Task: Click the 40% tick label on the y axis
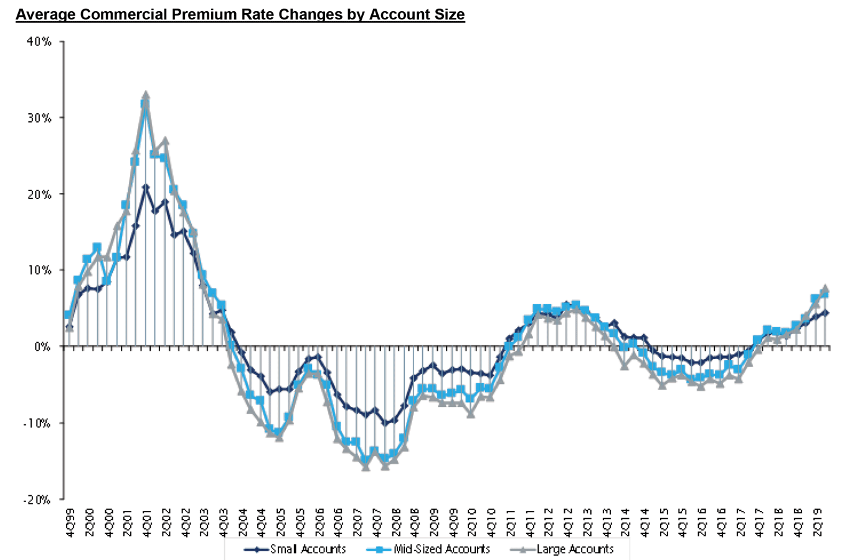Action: click(x=39, y=42)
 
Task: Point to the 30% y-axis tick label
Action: click(x=39, y=118)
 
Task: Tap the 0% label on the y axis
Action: click(x=42, y=347)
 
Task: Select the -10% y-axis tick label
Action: click(x=37, y=423)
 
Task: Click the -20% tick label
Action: click(x=37, y=500)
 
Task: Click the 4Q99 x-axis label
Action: click(x=69, y=522)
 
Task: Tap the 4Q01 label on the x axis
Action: click(x=146, y=522)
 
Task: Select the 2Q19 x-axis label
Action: click(x=817, y=522)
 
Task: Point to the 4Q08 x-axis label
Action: click(x=414, y=522)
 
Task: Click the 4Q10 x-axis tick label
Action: click(x=491, y=522)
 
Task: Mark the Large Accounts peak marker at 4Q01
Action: click(x=146, y=95)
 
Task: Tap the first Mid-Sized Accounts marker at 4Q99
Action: click(x=68, y=315)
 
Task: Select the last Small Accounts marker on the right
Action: click(x=826, y=313)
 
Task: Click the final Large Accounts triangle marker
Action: click(x=826, y=289)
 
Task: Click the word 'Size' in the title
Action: click(x=449, y=14)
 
